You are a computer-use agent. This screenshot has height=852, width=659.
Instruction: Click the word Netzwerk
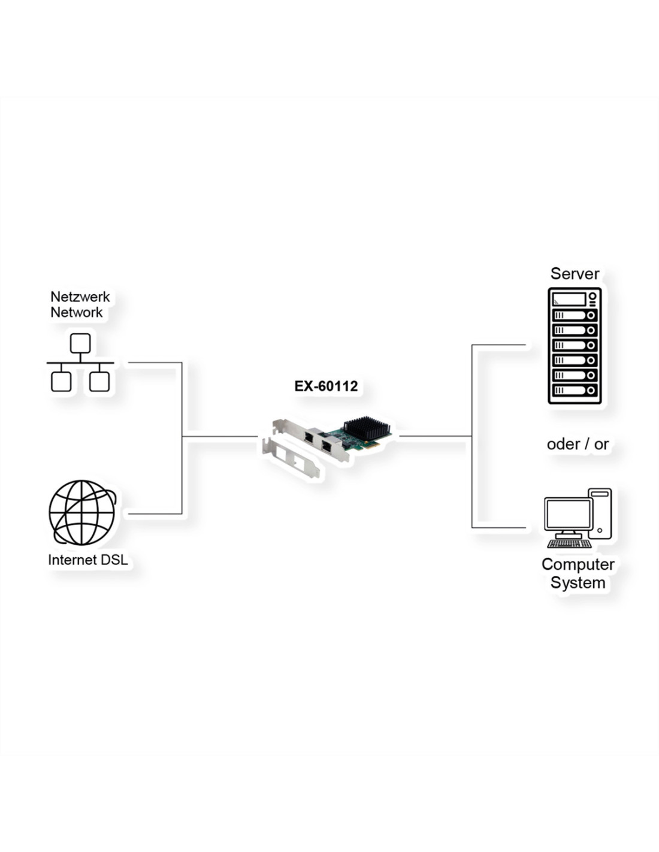pos(80,297)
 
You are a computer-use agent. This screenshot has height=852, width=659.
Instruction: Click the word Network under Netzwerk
pos(77,313)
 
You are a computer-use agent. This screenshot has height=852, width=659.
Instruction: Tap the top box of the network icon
pos(80,343)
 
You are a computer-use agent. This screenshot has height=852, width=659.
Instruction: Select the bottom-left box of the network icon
pos(61,382)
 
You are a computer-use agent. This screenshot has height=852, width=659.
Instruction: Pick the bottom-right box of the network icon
pos(99,382)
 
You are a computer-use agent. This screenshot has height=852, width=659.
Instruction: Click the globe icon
pos(83,513)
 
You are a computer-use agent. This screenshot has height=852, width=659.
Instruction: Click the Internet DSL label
pos(88,560)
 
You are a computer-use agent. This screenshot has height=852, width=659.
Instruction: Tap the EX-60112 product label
pos(326,386)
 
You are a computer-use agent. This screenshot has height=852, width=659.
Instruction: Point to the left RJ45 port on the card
pos(309,436)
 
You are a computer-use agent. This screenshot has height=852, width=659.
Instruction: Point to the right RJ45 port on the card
pos(327,446)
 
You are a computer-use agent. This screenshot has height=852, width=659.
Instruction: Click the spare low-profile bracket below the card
pos(291,457)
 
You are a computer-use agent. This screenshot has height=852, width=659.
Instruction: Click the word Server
pos(575,274)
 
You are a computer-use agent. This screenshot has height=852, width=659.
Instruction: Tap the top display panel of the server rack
pos(569,300)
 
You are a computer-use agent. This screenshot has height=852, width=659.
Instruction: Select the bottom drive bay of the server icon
pos(575,390)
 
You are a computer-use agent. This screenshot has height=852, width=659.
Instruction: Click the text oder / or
pos(578,444)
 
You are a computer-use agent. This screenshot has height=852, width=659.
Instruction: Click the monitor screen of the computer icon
pos(569,513)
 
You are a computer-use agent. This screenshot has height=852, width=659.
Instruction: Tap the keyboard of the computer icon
pos(569,543)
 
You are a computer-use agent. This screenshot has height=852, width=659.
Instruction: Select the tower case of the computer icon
pos(600,513)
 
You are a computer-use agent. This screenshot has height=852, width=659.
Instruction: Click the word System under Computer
pos(578,582)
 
